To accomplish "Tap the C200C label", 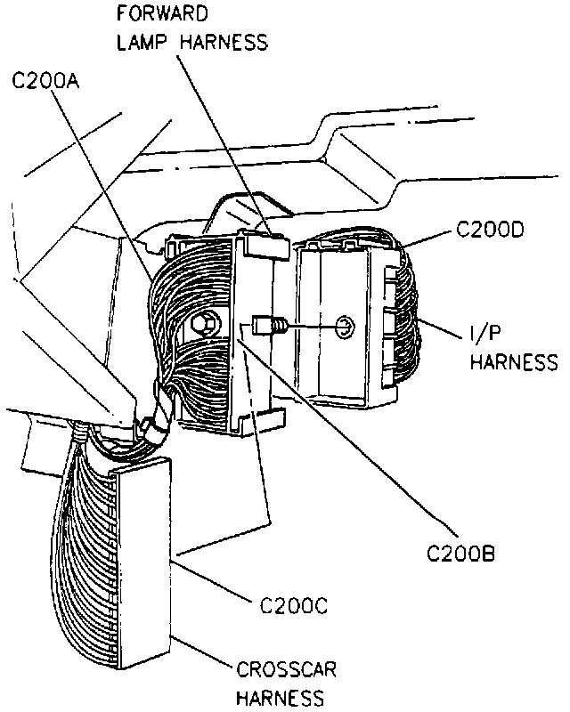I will (295, 607).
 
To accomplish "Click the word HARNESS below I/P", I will (513, 361).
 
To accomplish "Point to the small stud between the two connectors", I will (267, 327).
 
